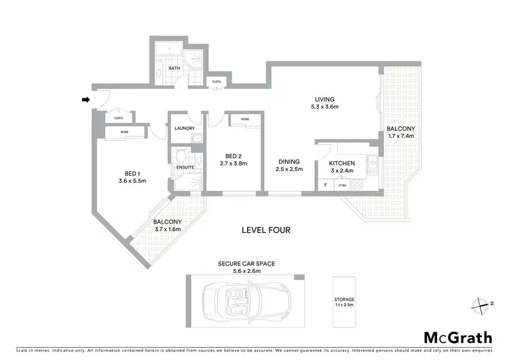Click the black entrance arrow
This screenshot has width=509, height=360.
pyautogui.click(x=86, y=101)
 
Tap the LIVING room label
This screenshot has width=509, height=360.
pyautogui.click(x=324, y=98)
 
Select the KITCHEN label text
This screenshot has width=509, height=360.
pyautogui.click(x=341, y=164)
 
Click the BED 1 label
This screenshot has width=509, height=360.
pyautogui.click(x=132, y=173)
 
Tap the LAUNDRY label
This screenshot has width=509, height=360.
pyautogui.click(x=185, y=128)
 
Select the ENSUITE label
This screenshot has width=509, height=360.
pyautogui.click(x=185, y=166)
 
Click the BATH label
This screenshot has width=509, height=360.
pyautogui.click(x=174, y=68)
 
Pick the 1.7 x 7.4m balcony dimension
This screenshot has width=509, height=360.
pyautogui.click(x=400, y=136)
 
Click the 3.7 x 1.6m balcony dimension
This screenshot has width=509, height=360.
pyautogui.click(x=167, y=230)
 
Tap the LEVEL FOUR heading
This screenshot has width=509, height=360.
pyautogui.click(x=266, y=230)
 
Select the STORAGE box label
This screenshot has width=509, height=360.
pyautogui.click(x=344, y=299)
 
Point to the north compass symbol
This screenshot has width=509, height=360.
pyautogui.click(x=483, y=305)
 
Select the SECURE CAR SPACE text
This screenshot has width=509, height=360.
pyautogui.click(x=246, y=263)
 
